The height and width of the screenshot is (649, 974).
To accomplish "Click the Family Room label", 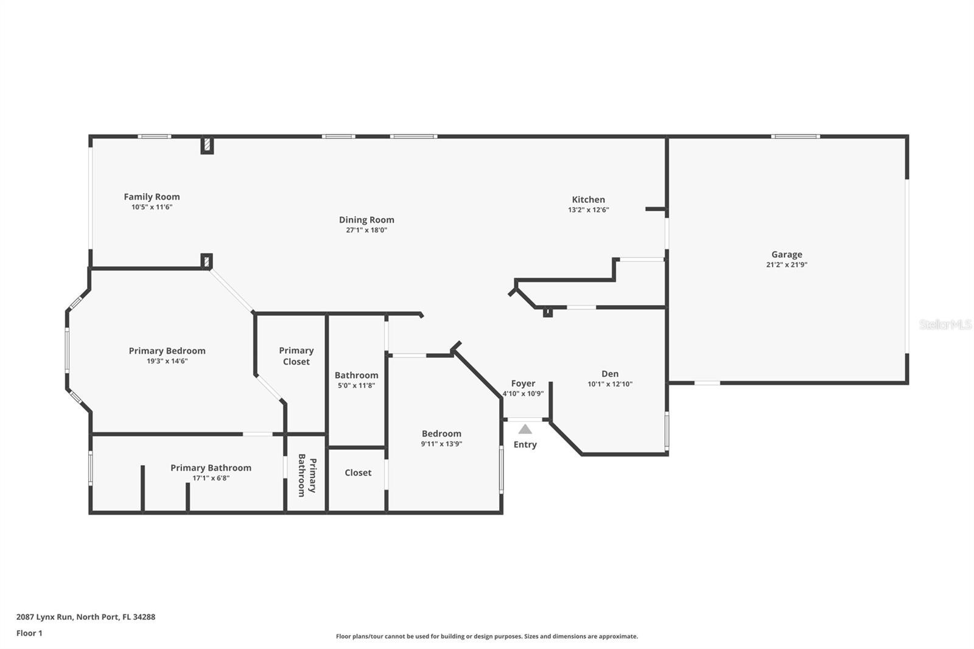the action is coord(152,197).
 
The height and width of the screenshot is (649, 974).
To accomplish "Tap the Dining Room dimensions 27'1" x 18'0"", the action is coord(366,230).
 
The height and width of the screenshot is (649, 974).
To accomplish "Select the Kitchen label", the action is coord(588,200).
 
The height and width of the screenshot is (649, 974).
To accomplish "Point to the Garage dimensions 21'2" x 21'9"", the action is coord(787,264).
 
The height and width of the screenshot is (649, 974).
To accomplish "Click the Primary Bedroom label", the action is coord(167,351).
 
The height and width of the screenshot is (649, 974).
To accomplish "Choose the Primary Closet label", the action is coord(296,356).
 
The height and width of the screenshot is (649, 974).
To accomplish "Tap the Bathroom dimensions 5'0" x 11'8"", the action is coord(356,385).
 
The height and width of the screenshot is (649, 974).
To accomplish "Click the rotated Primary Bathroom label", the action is coord(307,475).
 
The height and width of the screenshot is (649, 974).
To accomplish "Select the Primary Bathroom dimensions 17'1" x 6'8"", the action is coord(211,478).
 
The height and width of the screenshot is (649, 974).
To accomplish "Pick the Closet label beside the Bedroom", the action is coord(358,473).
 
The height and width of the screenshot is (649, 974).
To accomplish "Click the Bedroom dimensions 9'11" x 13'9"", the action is coord(441,444).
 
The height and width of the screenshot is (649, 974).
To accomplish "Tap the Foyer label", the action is coord(523,384).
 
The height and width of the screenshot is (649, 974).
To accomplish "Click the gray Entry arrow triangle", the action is coord(525,429).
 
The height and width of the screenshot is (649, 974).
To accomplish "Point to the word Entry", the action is coord(525,444).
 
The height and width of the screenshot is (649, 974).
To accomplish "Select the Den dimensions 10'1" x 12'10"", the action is coord(610,384).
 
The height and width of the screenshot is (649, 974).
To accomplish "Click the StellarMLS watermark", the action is coord(945,324).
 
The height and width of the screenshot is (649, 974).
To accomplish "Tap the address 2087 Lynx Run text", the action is coord(45,617).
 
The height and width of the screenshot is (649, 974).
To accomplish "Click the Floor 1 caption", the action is coord(30,633).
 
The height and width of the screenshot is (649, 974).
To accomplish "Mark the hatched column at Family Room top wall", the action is coord(207,145).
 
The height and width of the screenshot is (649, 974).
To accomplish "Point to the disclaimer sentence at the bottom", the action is coord(487,636).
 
